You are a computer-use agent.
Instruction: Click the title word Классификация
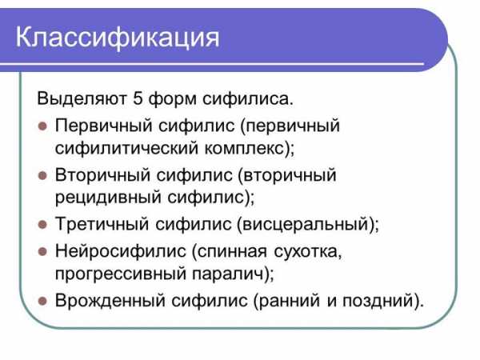(118, 38)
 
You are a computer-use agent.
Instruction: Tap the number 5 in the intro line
(138, 98)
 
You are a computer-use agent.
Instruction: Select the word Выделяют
(82, 98)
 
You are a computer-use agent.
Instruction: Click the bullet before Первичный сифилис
(42, 126)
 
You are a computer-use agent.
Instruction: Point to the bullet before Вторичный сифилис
(42, 176)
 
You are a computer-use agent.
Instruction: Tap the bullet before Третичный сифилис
(42, 224)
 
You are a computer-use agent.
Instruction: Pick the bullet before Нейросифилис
(42, 252)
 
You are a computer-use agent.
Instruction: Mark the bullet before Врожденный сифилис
(42, 301)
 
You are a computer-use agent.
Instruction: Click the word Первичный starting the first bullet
(103, 126)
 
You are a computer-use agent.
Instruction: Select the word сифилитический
(126, 149)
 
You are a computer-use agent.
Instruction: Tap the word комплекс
(244, 149)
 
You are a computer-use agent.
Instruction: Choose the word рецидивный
(108, 198)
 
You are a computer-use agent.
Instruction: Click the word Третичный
(102, 224)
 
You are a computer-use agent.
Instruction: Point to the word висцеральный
(306, 224)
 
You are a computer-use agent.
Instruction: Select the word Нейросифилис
(121, 252)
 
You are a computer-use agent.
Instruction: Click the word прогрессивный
(121, 274)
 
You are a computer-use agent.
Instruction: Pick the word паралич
(228, 274)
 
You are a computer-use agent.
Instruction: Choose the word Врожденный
(110, 301)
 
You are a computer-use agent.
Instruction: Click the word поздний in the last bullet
(378, 301)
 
